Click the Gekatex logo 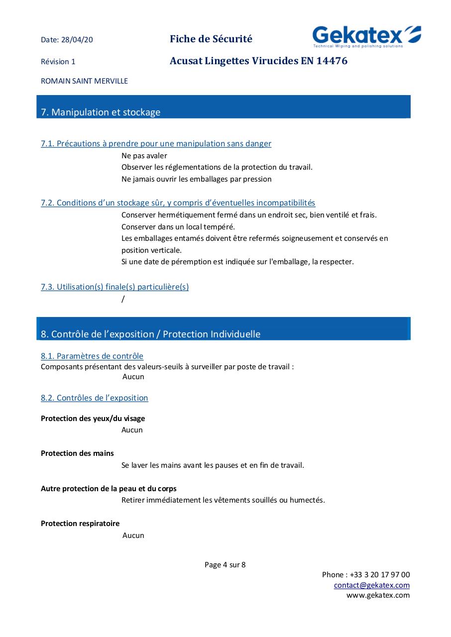(x=366, y=36)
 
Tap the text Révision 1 (x=58, y=62)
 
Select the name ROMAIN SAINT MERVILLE (x=84, y=81)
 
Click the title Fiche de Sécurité (x=211, y=39)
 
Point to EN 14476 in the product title (x=324, y=61)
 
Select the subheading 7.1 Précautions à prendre (x=156, y=143)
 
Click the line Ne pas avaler (x=144, y=156)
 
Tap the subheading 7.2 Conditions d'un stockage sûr (x=178, y=203)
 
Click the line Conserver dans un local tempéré (x=178, y=226)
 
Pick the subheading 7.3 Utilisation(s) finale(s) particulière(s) (x=114, y=287)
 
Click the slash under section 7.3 (x=123, y=299)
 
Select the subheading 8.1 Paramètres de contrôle (x=92, y=356)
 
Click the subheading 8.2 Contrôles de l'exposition (x=95, y=398)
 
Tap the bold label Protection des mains (x=77, y=453)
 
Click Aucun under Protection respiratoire (x=133, y=535)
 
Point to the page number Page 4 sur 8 (x=225, y=564)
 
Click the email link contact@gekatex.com (x=372, y=585)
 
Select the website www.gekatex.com (x=378, y=595)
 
